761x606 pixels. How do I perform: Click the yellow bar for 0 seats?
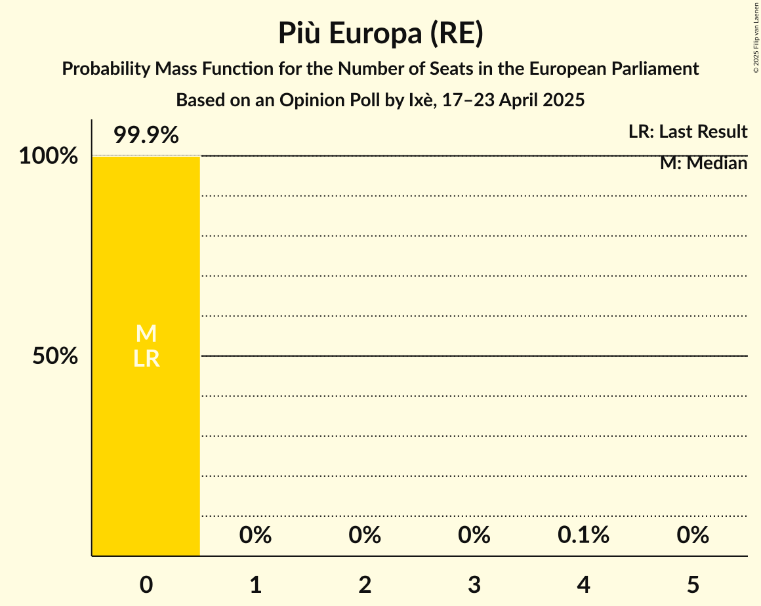click(146, 446)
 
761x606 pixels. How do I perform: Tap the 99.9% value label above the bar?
click(146, 136)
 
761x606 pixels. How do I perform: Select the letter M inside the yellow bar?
click(146, 334)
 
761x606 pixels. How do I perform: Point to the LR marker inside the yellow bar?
click(146, 359)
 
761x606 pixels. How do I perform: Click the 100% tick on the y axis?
click(48, 157)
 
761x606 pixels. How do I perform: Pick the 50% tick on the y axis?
click(55, 357)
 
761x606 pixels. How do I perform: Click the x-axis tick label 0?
click(146, 584)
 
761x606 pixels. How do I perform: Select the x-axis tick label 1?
click(256, 584)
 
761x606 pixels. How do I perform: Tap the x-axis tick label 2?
click(365, 584)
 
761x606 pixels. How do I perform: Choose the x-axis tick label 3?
click(474, 584)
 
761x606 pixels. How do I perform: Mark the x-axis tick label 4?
click(584, 584)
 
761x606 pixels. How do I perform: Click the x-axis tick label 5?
click(693, 584)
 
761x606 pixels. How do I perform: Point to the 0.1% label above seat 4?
click(583, 536)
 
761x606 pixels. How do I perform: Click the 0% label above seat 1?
click(256, 536)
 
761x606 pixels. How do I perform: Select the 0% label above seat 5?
click(693, 536)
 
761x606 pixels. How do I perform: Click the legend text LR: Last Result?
click(688, 132)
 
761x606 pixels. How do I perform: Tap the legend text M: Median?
click(703, 163)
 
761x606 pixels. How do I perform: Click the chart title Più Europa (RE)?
click(380, 34)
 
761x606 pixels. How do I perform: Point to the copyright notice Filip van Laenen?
click(756, 37)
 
